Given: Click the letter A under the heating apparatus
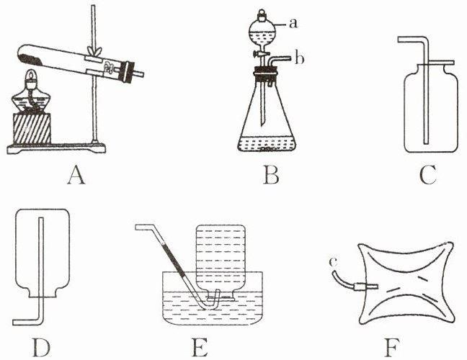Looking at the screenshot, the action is pyautogui.click(x=76, y=176).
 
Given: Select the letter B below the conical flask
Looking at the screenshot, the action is pyautogui.click(x=271, y=176).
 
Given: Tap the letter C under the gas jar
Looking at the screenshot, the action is pyautogui.click(x=427, y=175).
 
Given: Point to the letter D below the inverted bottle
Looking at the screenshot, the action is pyautogui.click(x=41, y=347).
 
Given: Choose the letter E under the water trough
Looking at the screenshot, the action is pyautogui.click(x=200, y=347).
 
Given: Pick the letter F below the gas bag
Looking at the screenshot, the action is pyautogui.click(x=391, y=347).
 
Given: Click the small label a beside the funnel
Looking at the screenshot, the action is pyautogui.click(x=293, y=23).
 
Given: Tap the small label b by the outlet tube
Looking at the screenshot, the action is pyautogui.click(x=299, y=58).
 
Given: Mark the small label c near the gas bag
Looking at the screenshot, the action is pyautogui.click(x=333, y=262).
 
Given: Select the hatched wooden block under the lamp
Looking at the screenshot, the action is pyautogui.click(x=32, y=128).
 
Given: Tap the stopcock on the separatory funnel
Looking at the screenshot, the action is pyautogui.click(x=261, y=54).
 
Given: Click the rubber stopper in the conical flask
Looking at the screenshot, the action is pyautogui.click(x=265, y=74).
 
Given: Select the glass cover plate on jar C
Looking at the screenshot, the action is pyautogui.click(x=437, y=63).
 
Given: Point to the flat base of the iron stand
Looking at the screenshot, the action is pyautogui.click(x=56, y=148).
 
